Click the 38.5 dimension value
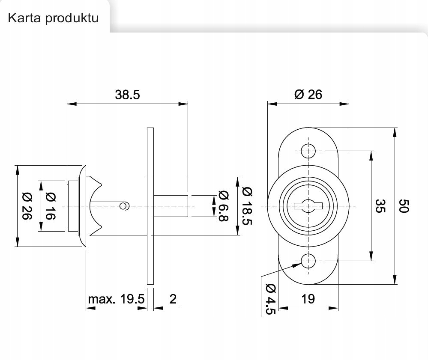[127, 95]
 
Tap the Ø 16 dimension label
[50, 206]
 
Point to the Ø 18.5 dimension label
[247, 206]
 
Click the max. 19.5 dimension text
[116, 299]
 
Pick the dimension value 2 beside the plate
[173, 299]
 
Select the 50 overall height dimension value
[404, 205]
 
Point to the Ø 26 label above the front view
[308, 95]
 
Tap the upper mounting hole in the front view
[308, 151]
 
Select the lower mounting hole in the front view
[308, 260]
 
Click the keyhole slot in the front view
[308, 206]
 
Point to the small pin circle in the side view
[124, 206]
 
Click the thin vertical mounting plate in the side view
[150, 205]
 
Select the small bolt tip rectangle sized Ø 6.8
[171, 206]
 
